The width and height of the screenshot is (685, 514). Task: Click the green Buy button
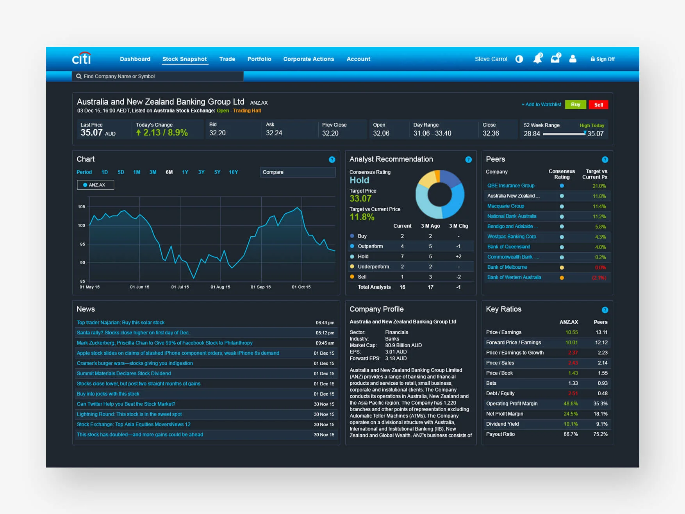point(575,105)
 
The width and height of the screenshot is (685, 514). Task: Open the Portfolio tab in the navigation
point(259,59)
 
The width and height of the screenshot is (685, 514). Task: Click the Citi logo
point(82,59)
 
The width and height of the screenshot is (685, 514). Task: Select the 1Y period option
point(185,172)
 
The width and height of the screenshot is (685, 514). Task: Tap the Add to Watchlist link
point(541,105)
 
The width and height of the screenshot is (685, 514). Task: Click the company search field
point(158,77)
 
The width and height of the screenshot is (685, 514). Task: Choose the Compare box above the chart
point(298,172)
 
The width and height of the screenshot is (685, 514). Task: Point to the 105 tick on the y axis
point(81,207)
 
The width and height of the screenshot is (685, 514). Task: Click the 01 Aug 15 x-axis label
point(220,287)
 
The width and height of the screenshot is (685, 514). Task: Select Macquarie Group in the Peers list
point(506,206)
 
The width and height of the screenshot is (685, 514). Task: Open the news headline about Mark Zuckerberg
point(164,343)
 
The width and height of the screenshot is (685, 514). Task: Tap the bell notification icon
point(538,59)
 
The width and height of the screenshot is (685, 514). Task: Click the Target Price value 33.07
point(360,198)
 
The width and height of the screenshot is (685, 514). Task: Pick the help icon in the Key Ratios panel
point(605,310)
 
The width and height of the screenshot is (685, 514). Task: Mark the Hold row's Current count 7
point(402,257)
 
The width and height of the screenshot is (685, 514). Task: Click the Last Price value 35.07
point(91,133)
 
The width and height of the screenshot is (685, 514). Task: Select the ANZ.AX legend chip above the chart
point(95,185)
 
